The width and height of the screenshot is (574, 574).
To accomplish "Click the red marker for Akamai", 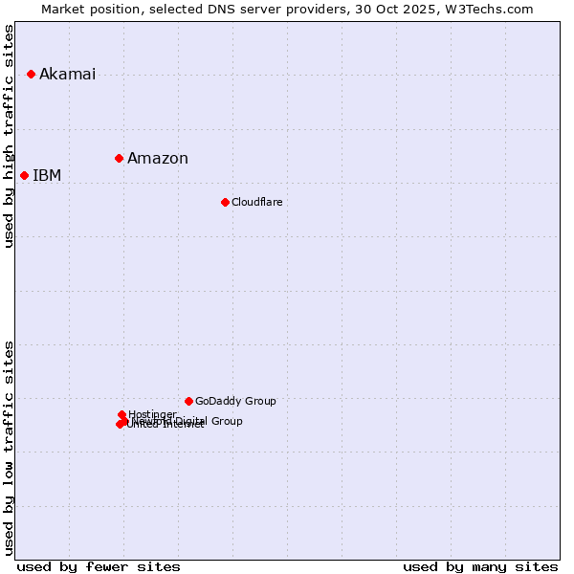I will tap(31, 74).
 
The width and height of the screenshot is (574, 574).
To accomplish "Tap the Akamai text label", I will tap(67, 75).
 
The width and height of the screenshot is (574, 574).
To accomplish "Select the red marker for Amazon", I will tap(119, 158).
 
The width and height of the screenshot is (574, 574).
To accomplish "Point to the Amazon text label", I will tap(158, 159).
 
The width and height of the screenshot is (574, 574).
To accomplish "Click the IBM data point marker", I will tap(24, 175).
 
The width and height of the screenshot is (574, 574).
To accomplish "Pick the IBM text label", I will tap(47, 176).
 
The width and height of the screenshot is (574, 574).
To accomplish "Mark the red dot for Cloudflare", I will tap(225, 202).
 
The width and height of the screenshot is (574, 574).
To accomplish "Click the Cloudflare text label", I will tap(256, 203).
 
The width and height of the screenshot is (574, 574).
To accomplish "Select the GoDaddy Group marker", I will tap(188, 401).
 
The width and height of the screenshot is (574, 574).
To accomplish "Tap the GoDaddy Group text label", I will tap(235, 402).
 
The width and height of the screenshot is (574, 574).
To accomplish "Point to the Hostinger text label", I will tap(152, 414).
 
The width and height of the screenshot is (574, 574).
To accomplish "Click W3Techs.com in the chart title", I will tap(494, 9).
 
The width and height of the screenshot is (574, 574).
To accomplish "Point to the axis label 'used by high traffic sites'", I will tap(10, 136).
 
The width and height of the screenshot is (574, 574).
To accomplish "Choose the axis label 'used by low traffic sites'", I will tap(10, 448).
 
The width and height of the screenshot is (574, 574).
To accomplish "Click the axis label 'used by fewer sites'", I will tap(99, 566).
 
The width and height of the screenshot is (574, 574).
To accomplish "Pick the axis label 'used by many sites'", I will tap(480, 566).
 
